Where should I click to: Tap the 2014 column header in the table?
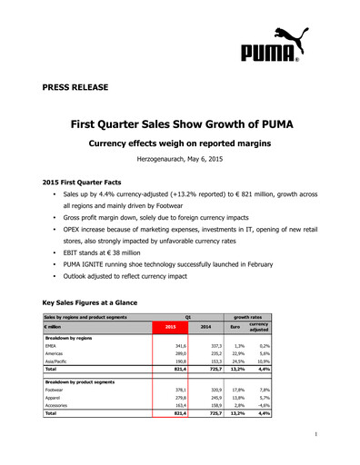pos(205,325)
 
